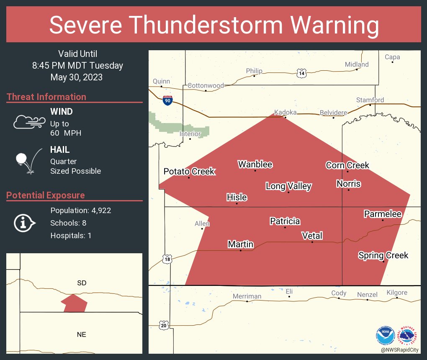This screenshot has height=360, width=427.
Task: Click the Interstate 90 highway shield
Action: tap(167, 100)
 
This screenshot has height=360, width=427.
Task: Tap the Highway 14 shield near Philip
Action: tap(301, 74)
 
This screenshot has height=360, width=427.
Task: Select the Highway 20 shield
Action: tap(163, 325)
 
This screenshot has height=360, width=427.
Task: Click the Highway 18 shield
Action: tap(167, 260)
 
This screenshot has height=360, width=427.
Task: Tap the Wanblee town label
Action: tap(255, 165)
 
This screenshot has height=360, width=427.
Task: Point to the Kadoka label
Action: tap(285, 113)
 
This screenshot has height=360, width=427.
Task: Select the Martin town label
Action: tap(240, 244)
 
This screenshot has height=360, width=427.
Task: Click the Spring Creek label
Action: tap(383, 255)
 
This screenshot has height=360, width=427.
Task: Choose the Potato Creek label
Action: tap(189, 171)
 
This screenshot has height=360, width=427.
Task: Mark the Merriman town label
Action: tap(247, 296)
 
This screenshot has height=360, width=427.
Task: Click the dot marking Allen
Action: tap(202, 229)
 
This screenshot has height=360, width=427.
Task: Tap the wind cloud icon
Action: tap(29, 121)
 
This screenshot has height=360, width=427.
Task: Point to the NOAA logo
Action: tap(385, 335)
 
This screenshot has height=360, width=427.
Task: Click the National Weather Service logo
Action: tap(409, 335)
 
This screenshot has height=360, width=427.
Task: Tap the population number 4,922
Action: tap(99, 211)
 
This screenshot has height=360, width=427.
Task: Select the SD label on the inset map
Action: tap(82, 283)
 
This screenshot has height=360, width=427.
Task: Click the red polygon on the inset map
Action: tap(74, 303)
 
